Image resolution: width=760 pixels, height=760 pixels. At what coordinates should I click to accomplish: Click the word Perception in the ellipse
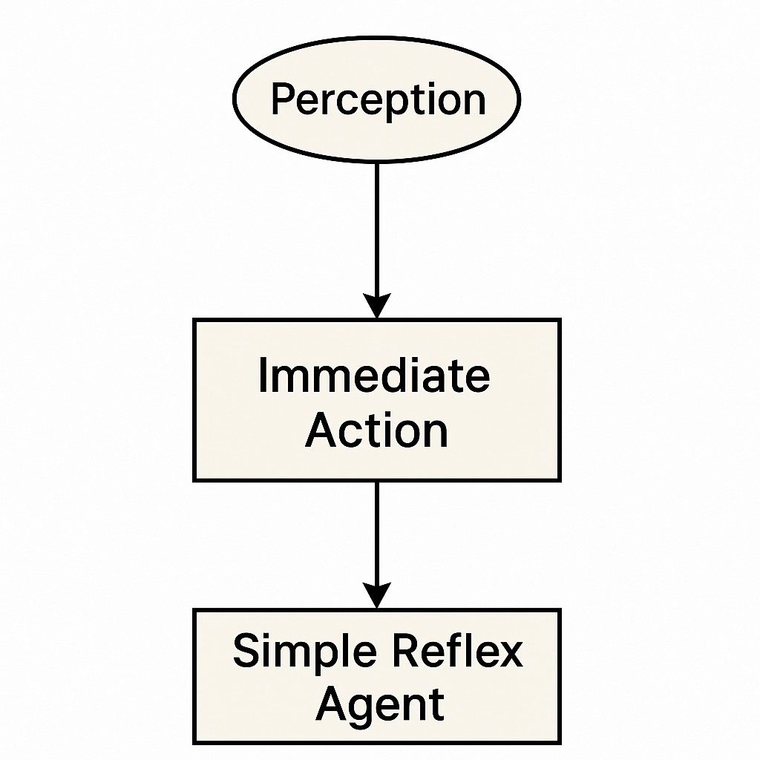pos(379,100)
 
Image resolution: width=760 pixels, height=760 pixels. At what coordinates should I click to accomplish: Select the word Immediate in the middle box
pos(374,376)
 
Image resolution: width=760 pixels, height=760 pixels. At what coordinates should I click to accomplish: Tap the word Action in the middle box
pos(376,431)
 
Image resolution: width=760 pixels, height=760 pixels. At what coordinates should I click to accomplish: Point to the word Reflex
pos(457,650)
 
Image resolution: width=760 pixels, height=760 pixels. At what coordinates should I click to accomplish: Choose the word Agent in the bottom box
pos(380,706)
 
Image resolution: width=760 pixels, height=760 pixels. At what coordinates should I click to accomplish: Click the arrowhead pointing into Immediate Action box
pos(376,305)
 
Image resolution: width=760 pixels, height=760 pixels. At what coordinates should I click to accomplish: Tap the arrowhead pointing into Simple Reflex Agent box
pos(376,594)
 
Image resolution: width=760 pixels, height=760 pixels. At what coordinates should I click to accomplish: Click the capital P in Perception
pos(284,99)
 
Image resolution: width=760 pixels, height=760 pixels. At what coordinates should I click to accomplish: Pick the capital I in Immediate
pos(263,375)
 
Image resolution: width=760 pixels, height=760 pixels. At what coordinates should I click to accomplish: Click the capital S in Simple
pos(248,650)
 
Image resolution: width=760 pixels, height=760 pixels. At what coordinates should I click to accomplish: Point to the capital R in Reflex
pos(407,650)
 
